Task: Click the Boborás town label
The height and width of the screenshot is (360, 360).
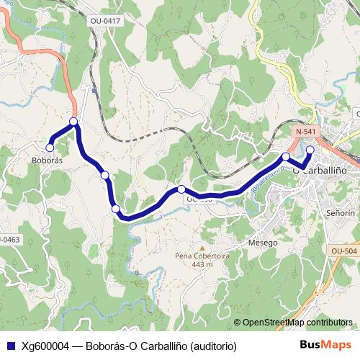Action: pyautogui.click(x=48, y=161)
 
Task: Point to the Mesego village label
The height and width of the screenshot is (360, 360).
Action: pyautogui.click(x=263, y=243)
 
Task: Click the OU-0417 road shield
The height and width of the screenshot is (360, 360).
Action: pyautogui.click(x=105, y=21)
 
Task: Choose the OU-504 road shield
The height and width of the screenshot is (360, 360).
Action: pyautogui.click(x=344, y=251)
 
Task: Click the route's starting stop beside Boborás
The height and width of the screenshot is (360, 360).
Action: pyautogui.click(x=49, y=147)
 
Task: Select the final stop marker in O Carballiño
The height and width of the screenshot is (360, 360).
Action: pyautogui.click(x=310, y=150)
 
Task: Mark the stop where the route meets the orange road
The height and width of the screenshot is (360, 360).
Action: pyautogui.click(x=73, y=122)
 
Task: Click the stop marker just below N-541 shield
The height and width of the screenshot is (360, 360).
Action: pyautogui.click(x=286, y=156)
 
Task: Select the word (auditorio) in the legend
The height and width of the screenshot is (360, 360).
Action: pyautogui.click(x=212, y=345)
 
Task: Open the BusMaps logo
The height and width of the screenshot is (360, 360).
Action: pyautogui.click(x=325, y=344)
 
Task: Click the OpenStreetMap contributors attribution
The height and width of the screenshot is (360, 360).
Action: pyautogui.click(x=297, y=323)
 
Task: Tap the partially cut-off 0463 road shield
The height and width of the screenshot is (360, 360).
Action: pyautogui.click(x=9, y=238)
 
